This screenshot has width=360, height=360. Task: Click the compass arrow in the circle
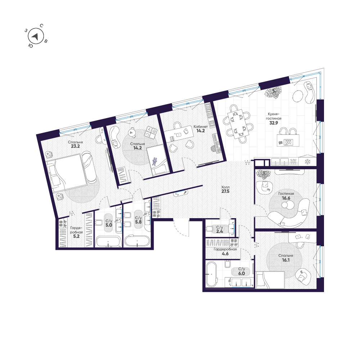click(x=35, y=37)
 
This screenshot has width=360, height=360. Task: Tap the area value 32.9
click(x=274, y=123)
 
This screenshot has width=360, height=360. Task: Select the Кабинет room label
click(x=201, y=126)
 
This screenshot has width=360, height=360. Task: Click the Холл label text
click(x=225, y=187)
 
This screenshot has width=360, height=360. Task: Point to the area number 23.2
click(x=75, y=146)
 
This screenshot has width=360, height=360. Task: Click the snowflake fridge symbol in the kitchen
click(x=307, y=162)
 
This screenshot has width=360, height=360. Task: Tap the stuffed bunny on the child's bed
click(x=155, y=161)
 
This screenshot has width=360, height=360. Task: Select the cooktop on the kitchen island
click(x=288, y=142)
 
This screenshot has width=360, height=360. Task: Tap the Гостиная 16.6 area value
click(x=286, y=198)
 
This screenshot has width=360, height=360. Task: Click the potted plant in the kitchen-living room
click(x=272, y=93)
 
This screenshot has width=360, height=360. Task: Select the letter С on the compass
click(x=41, y=26)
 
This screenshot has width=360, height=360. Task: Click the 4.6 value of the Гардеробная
click(x=225, y=254)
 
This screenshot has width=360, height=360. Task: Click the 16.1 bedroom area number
click(x=285, y=260)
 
